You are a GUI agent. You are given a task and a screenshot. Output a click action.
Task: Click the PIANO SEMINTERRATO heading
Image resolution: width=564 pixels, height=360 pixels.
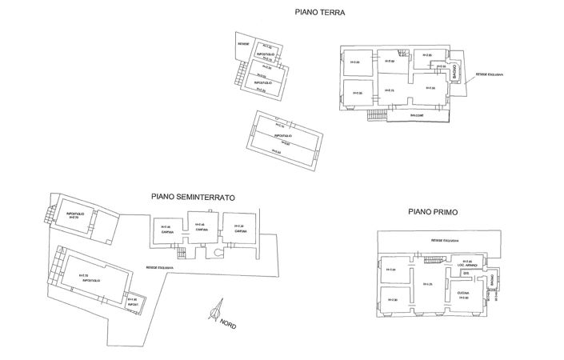coord(192,196)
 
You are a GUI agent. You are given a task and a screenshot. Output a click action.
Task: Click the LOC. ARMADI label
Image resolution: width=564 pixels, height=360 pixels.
coord(467,265)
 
